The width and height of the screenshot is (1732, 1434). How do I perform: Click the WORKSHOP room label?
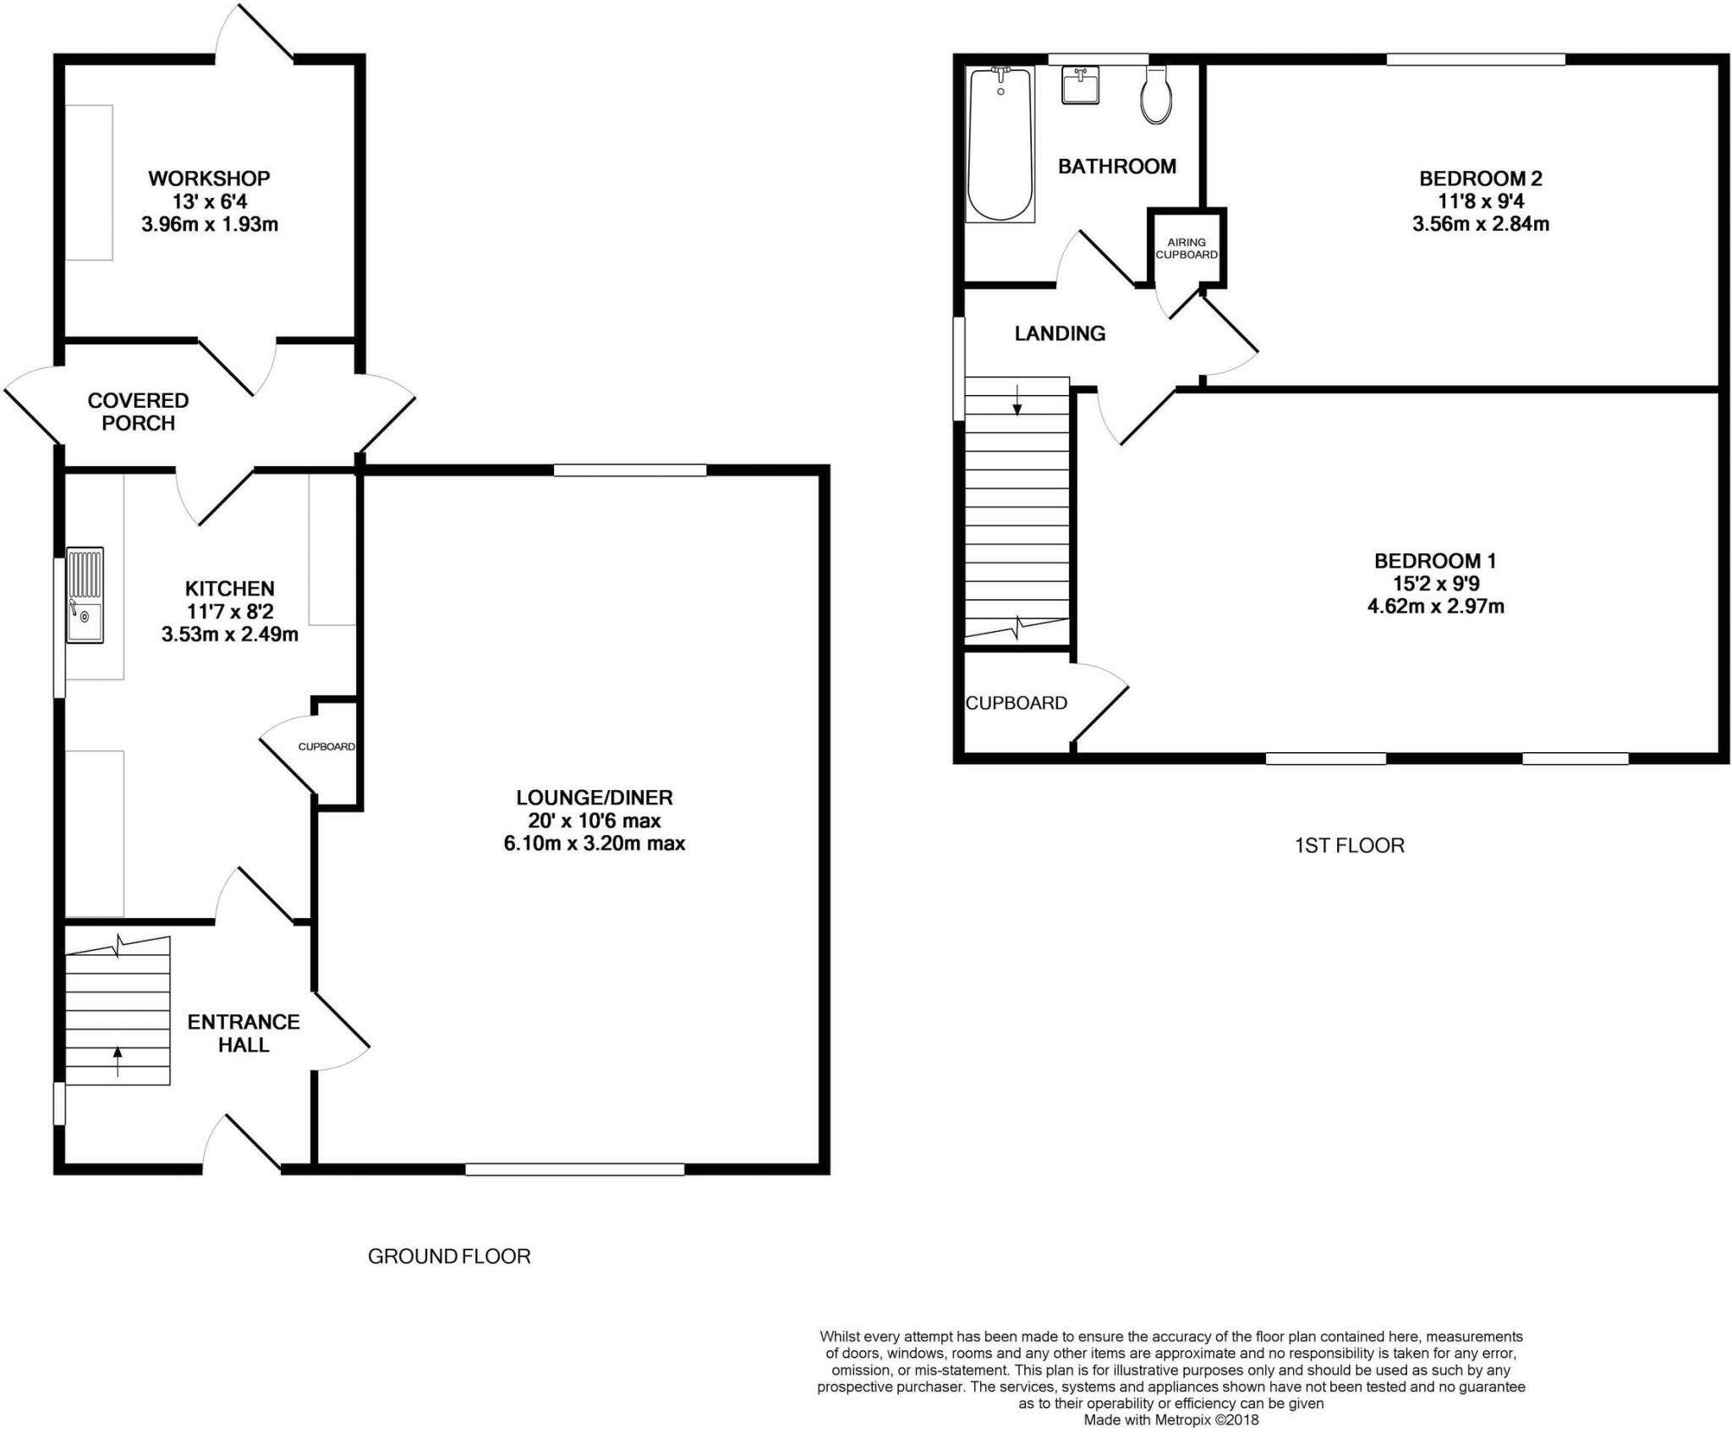(x=209, y=179)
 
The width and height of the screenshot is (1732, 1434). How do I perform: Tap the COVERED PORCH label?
(x=138, y=411)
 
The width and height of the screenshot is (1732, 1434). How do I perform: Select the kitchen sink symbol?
(x=85, y=596)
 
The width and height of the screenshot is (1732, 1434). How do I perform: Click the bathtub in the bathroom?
(x=1000, y=145)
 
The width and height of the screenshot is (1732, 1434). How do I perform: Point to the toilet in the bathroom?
(x=1156, y=95)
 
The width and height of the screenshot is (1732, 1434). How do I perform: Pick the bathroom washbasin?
(x=1081, y=85)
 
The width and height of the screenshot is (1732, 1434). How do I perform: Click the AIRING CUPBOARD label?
(x=1187, y=248)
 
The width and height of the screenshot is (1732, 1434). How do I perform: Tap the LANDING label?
(x=1060, y=333)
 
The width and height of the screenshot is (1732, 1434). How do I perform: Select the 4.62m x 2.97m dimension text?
(x=1435, y=606)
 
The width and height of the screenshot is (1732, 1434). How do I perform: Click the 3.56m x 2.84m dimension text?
(x=1480, y=224)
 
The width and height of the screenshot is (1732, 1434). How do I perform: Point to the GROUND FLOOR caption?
(x=449, y=1256)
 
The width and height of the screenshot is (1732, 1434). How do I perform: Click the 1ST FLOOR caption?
(x=1349, y=845)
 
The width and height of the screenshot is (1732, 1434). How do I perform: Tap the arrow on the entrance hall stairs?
(x=118, y=1061)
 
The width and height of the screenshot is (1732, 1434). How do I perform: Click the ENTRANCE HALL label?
(x=244, y=1033)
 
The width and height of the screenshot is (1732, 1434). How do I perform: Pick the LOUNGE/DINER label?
(x=595, y=797)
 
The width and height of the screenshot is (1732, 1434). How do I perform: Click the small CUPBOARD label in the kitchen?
(x=326, y=747)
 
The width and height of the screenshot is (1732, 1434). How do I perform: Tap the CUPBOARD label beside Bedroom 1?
(x=1017, y=703)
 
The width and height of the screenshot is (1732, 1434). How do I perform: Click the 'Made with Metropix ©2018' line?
(x=1171, y=1420)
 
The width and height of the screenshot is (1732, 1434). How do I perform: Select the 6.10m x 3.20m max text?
(x=595, y=843)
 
